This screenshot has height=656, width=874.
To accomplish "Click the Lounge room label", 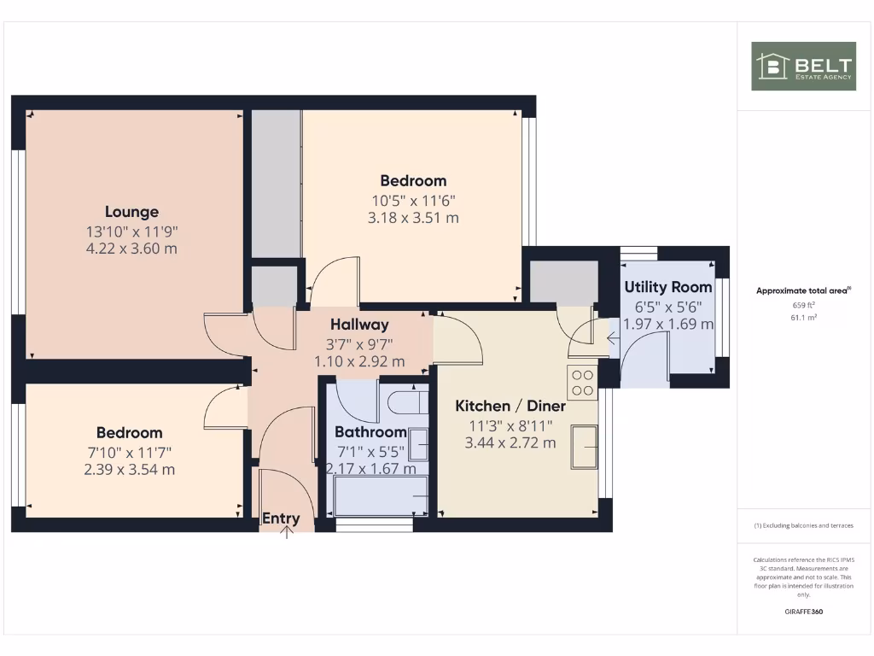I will (x=131, y=212).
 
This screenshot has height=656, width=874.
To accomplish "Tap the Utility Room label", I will (x=667, y=287).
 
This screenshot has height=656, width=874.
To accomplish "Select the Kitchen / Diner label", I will (x=510, y=406).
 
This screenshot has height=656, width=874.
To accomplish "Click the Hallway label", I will (x=359, y=325).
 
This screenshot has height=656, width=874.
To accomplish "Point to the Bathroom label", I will (x=370, y=432).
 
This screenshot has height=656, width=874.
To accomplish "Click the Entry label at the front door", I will (x=281, y=518).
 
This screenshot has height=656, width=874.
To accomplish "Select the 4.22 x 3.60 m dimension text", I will (x=131, y=249).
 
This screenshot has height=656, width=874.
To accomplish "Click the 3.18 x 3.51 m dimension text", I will (x=413, y=218).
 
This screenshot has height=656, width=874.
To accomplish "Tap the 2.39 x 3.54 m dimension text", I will (x=129, y=470).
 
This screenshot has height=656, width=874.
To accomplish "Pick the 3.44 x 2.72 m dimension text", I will (x=510, y=442).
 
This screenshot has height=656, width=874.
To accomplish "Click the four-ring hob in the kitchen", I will (x=583, y=382).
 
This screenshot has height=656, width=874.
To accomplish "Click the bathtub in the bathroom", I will (x=381, y=497).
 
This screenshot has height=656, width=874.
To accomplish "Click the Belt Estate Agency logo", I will (x=802, y=66).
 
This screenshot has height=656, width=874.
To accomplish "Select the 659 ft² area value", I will (x=803, y=304).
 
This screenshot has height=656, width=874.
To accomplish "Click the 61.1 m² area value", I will (x=803, y=317).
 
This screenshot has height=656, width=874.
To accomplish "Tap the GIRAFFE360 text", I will (x=803, y=612).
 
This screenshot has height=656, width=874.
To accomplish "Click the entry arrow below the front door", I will (x=287, y=533).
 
